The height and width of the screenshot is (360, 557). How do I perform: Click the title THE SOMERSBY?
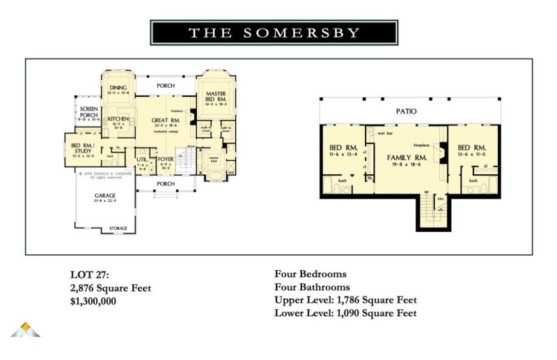coord(274,33)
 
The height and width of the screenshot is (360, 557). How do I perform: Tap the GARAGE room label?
coord(105,196)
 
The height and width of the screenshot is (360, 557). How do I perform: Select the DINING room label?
coord(118,88)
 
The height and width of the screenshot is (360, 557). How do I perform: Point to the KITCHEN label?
coord(118,119)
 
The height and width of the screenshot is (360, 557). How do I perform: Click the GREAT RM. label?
coord(167,120)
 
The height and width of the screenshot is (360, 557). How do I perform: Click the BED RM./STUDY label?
coord(84,148)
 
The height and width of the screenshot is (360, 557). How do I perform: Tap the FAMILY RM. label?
coord(407,158)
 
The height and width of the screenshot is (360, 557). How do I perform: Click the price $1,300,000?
coord(93,301)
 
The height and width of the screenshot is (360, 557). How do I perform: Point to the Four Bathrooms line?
coord(313,287)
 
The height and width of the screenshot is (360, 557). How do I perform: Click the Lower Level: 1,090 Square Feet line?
coord(346,313)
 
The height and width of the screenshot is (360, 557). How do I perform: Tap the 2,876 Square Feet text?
coord(111,287)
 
